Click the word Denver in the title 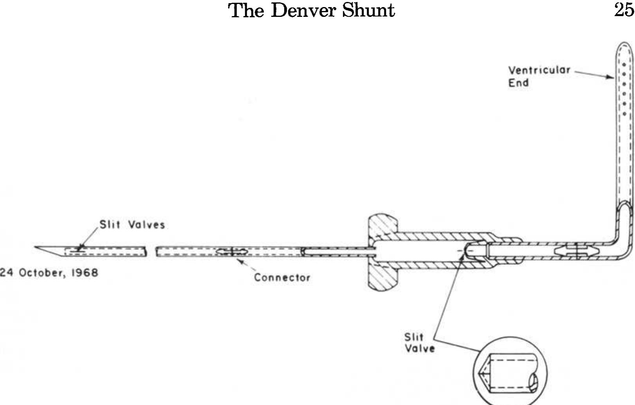pos(303,10)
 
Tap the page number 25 pos(624,9)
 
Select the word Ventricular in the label pos(539,71)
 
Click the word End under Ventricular pos(518,83)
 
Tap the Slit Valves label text pos(132,225)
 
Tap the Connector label pos(282,277)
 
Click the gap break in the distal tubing pos(151,251)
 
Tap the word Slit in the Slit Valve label pos(414,337)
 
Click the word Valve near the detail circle pos(420,348)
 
